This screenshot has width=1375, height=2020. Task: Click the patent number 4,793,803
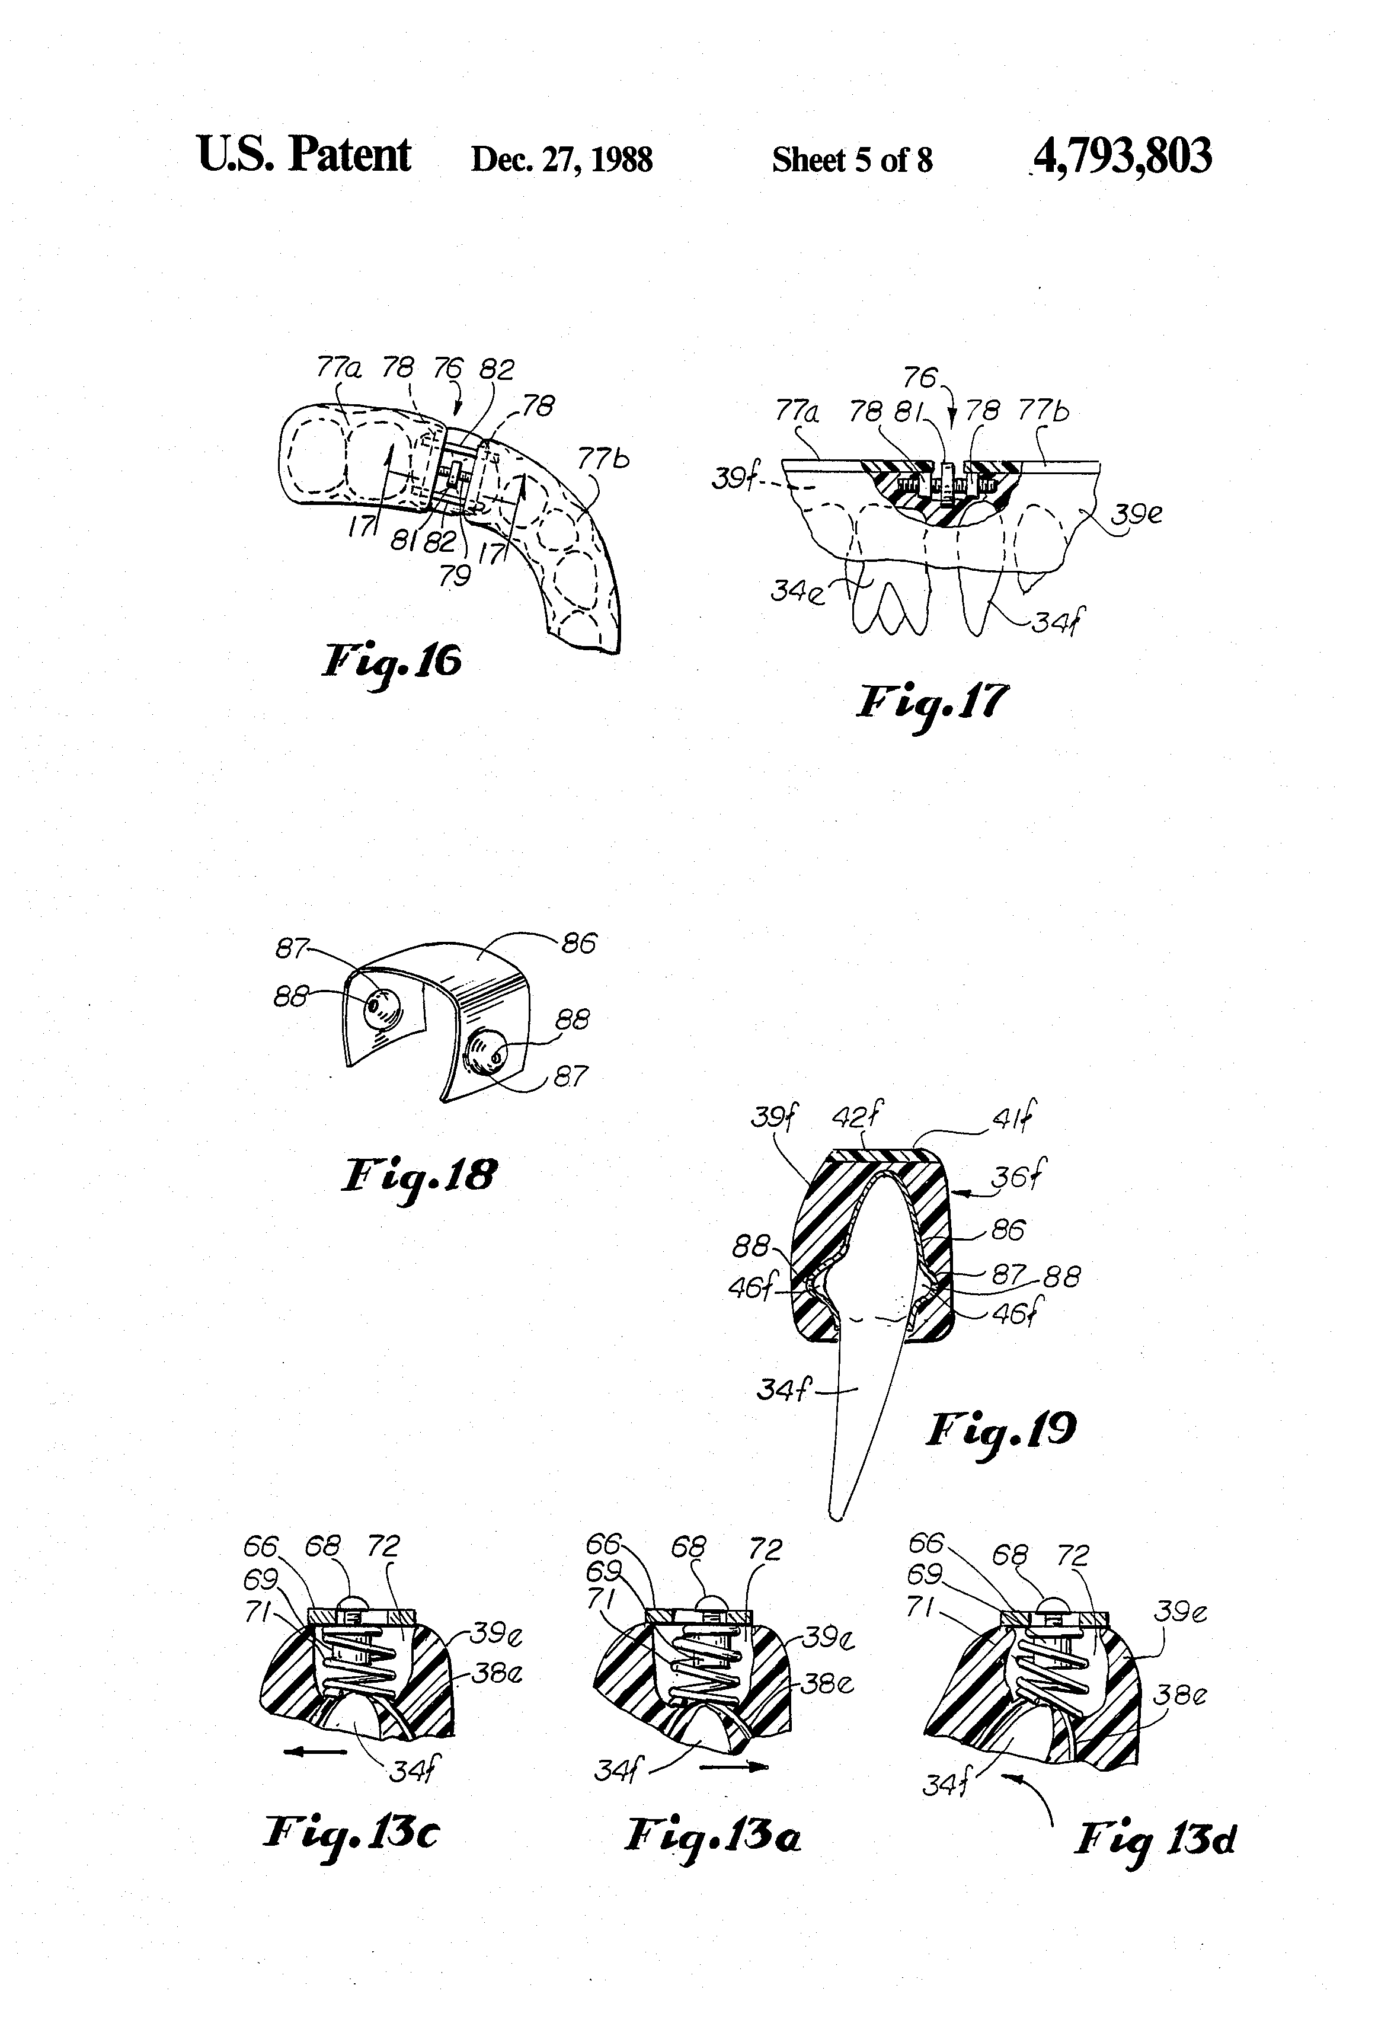(x=1122, y=156)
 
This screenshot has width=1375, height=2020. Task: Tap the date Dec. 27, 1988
(x=561, y=160)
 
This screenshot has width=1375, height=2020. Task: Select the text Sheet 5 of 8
(x=852, y=160)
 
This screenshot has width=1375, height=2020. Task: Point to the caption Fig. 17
(x=932, y=704)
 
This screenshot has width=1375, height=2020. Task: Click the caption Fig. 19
(x=1000, y=1430)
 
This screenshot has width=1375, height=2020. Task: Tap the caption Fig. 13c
(x=351, y=1834)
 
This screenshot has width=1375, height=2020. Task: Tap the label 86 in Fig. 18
(x=579, y=943)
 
